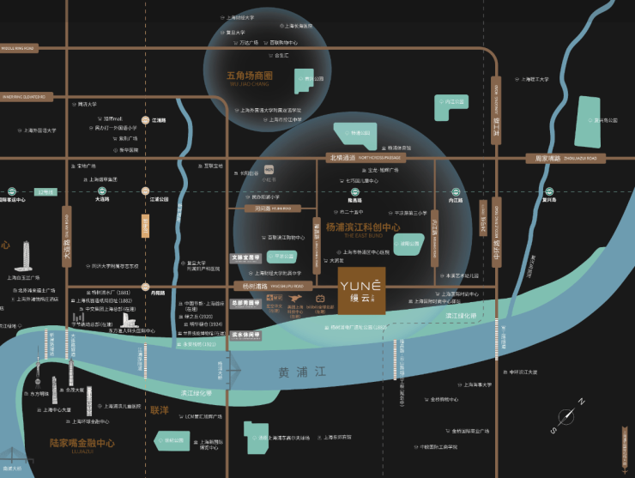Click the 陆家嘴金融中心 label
82,444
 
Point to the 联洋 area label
160,410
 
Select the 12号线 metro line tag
45,192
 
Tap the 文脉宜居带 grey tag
245,257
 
